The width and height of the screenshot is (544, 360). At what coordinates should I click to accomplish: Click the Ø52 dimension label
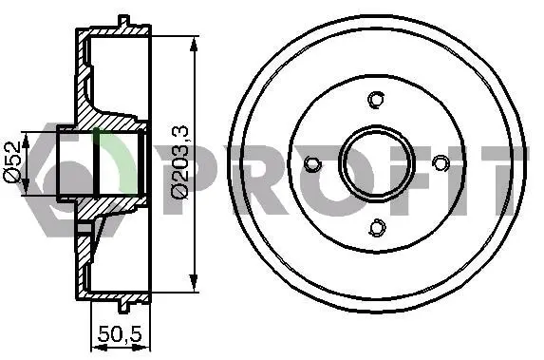13,161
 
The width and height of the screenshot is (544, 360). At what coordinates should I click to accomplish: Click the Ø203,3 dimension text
179,162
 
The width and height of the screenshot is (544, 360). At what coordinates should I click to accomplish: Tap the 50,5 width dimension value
120,333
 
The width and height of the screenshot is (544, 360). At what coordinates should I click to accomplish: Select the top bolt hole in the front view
376,100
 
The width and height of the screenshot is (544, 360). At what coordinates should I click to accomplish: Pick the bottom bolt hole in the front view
377,227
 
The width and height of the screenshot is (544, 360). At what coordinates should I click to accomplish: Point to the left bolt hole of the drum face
312,164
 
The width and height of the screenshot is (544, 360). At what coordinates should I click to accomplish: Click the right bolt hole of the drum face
441,162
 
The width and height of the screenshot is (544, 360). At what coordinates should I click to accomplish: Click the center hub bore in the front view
377,163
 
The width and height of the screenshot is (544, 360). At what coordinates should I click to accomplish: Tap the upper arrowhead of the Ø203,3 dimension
194,44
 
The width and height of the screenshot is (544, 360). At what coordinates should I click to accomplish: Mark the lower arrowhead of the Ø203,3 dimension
194,282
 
